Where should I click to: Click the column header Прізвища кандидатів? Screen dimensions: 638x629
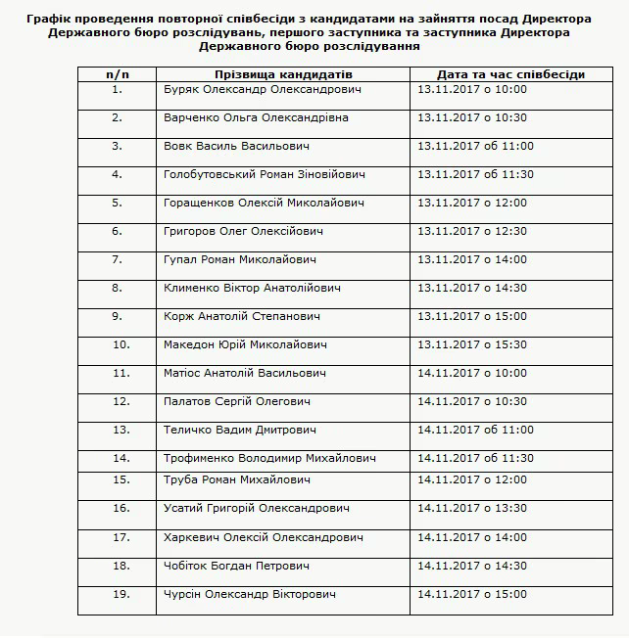(x=283, y=74)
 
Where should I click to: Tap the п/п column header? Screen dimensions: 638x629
(x=117, y=74)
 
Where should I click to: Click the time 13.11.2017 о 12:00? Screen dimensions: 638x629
(x=472, y=203)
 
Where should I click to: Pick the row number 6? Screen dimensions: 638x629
(x=117, y=231)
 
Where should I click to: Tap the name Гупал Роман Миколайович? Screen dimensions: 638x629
(x=240, y=259)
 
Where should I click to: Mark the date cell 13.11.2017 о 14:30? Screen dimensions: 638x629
(x=472, y=288)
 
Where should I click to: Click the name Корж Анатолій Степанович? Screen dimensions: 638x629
(x=244, y=316)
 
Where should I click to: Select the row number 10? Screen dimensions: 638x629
(x=121, y=344)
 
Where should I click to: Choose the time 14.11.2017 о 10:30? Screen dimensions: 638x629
(x=472, y=401)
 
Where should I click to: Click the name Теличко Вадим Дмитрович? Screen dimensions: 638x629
(x=240, y=430)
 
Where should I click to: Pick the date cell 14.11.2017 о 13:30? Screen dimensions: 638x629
(x=472, y=508)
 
